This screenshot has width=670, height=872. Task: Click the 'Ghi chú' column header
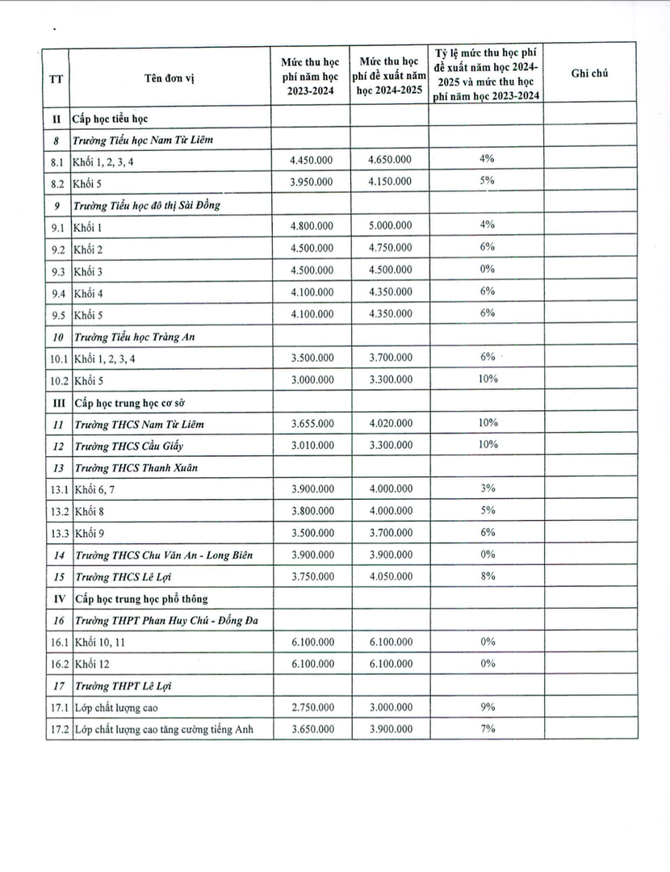[x=589, y=73]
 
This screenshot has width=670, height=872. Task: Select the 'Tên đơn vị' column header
[x=170, y=78]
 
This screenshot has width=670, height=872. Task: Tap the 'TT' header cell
[x=57, y=78]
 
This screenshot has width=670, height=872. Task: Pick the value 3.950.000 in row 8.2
[x=311, y=182]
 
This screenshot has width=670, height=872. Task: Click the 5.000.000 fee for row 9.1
[x=389, y=226]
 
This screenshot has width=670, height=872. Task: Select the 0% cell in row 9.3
[x=486, y=269]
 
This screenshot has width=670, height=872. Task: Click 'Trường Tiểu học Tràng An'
[x=135, y=336]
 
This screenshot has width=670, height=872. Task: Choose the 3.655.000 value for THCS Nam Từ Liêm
[x=311, y=423]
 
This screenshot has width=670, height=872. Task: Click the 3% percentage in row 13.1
[x=486, y=488]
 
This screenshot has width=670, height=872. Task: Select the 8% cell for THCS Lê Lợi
[x=486, y=576]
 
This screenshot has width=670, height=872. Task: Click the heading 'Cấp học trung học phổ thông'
[x=140, y=598]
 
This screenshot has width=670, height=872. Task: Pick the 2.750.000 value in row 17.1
[x=311, y=707]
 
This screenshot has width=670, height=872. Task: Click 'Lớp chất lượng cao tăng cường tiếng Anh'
[x=163, y=730]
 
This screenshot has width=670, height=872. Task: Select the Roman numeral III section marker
[x=57, y=401]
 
